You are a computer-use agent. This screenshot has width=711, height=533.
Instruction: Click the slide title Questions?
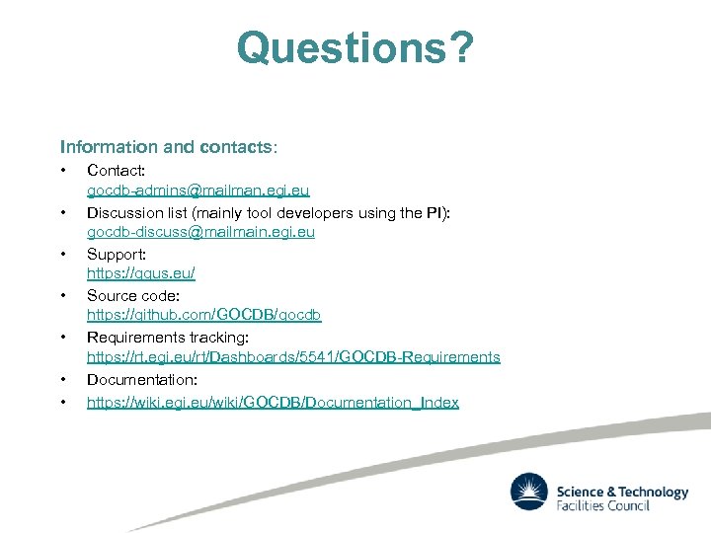click(x=355, y=46)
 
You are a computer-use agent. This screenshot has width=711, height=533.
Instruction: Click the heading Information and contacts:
click(x=169, y=147)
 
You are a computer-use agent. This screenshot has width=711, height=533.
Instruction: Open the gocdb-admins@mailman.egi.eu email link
click(x=197, y=190)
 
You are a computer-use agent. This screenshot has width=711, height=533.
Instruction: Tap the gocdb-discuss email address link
click(x=200, y=232)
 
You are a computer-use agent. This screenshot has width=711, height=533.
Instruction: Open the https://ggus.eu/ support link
click(x=141, y=273)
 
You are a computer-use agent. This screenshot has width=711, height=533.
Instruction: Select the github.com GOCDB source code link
click(x=203, y=315)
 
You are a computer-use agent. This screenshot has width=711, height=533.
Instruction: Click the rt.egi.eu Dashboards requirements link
click(x=293, y=356)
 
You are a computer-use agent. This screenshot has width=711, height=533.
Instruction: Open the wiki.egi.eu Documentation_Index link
click(x=273, y=403)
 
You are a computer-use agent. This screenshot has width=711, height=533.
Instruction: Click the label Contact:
click(x=117, y=172)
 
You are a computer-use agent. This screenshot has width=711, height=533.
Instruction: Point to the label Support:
click(x=117, y=255)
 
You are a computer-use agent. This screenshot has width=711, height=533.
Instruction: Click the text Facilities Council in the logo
click(x=603, y=505)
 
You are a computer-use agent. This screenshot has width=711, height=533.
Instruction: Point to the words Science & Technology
click(x=622, y=491)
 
